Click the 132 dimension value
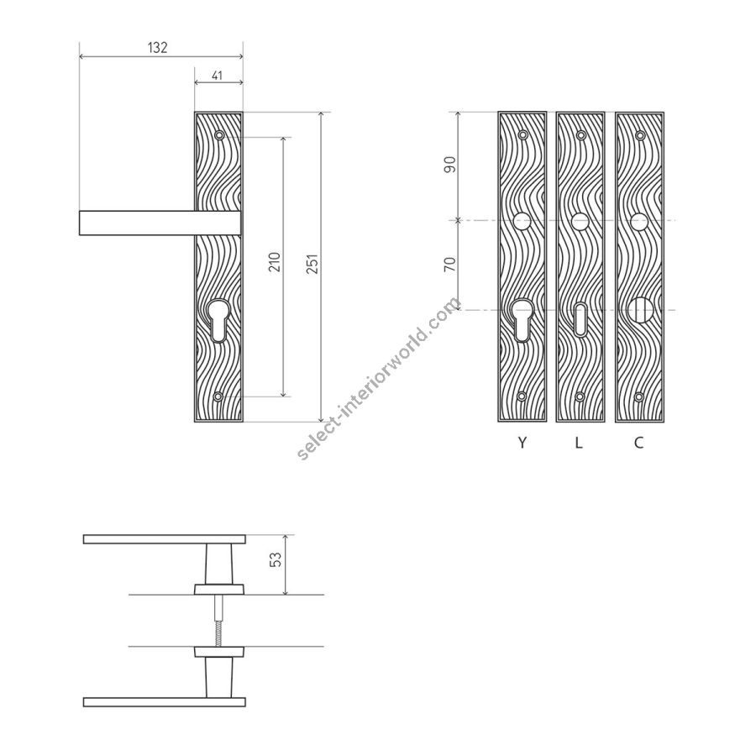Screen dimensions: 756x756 [x=157, y=47]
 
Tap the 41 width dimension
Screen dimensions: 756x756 [x=217, y=76]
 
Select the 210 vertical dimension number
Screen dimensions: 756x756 [x=275, y=262]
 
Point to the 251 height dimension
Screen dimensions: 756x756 [x=313, y=264]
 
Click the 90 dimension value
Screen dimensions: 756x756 [x=450, y=165]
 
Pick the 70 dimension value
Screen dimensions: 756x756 [x=450, y=264]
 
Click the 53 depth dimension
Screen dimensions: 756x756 [x=276, y=559]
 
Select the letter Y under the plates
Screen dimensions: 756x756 [x=522, y=442]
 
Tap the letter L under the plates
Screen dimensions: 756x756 [x=579, y=442]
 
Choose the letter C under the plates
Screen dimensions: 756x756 [x=639, y=442]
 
